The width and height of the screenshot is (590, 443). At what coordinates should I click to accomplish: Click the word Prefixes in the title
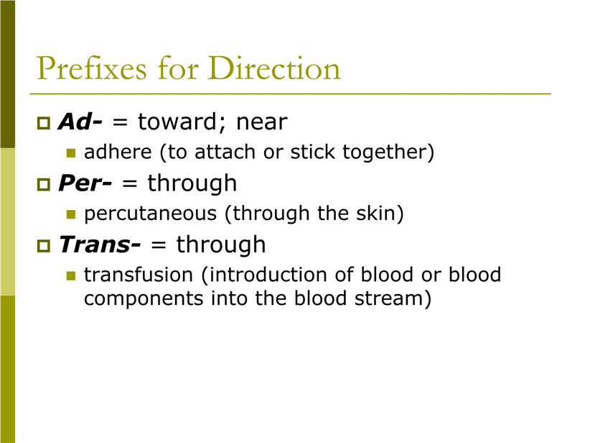(x=91, y=68)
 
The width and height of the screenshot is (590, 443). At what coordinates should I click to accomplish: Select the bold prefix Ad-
(x=80, y=122)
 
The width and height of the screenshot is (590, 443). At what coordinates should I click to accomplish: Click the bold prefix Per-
(x=85, y=183)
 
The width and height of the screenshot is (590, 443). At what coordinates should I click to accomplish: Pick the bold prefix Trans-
(x=99, y=245)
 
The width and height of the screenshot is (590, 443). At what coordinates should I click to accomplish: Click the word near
(x=262, y=123)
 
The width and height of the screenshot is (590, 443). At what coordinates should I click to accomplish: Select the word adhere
(x=118, y=152)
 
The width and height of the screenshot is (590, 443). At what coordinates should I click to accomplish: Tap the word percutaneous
(x=151, y=214)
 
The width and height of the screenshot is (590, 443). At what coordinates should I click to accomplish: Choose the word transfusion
(x=139, y=275)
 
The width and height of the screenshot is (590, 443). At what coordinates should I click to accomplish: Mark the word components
(x=144, y=299)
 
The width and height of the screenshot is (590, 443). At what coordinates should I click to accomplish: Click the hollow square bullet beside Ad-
(x=44, y=123)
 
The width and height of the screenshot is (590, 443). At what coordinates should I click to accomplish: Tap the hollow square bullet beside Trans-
(x=44, y=246)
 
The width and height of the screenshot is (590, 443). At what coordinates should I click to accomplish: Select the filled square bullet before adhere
(x=71, y=152)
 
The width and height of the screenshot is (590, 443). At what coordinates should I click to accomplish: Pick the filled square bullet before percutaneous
(x=71, y=214)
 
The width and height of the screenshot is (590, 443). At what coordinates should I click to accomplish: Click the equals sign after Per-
(x=129, y=184)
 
